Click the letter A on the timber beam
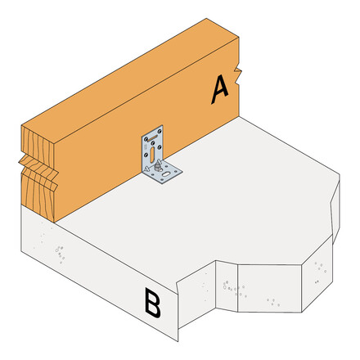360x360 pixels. click(x=220, y=89)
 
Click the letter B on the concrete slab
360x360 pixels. click(x=153, y=303)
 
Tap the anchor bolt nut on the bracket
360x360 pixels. click(x=157, y=167)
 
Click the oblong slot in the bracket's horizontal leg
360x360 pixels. click(x=165, y=173)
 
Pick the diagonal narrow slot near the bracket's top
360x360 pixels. click(x=153, y=137)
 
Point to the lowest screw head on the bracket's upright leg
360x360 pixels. click(x=146, y=155)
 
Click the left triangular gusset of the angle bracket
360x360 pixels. click(x=146, y=169)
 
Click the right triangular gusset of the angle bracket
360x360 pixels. click(x=160, y=162)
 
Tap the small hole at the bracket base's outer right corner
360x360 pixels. click(x=176, y=172)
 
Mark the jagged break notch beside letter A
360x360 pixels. click(x=237, y=75)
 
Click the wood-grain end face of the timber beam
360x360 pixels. click(x=38, y=174)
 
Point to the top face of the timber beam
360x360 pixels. click(x=130, y=76)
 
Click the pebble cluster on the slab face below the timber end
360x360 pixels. click(x=60, y=254)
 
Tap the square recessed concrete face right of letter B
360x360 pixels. click(x=269, y=288)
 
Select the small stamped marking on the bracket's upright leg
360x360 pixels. click(x=145, y=147)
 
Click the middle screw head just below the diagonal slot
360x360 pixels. click(x=153, y=143)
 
